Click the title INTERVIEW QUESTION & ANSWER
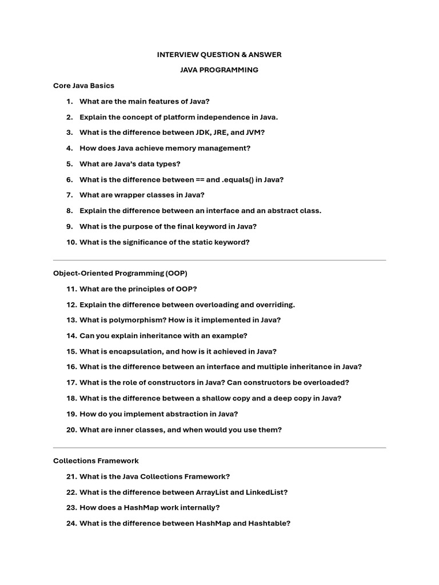pos(219,54)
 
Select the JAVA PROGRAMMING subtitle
pos(219,70)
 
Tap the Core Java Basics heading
pos(83,86)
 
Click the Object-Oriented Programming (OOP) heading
pos(120,273)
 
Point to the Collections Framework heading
pos(96,460)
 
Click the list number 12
pos(71,304)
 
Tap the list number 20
pos(71,430)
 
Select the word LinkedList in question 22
pos(266,492)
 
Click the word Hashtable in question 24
pos(270,523)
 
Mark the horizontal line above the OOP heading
pos(219,261)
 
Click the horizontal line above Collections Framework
pos(219,448)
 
